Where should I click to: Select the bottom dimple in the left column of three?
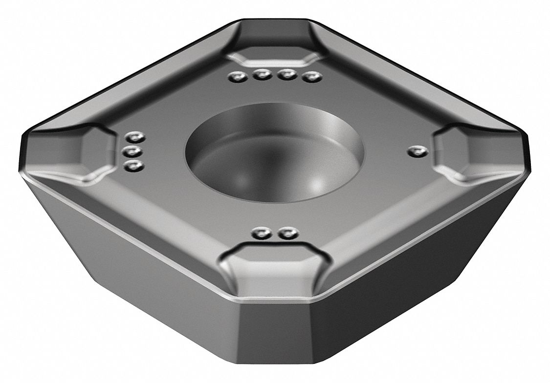click(132, 167)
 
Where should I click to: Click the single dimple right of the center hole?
click(416, 151)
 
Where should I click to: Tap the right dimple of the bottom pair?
click(286, 234)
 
